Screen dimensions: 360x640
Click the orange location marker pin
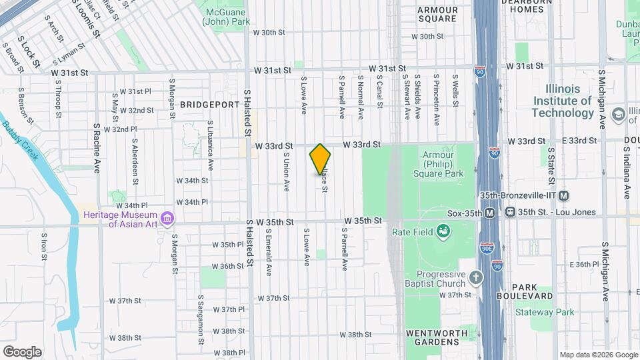point(320,159)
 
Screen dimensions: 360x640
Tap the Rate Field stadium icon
point(441,231)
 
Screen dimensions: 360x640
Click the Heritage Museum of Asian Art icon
point(167,218)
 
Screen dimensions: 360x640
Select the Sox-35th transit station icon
point(490,213)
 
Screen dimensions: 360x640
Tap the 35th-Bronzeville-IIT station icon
point(564,195)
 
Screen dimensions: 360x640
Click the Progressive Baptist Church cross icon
point(475,277)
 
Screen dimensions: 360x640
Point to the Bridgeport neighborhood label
point(209,105)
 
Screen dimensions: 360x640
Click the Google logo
point(22,352)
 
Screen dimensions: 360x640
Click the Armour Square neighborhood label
point(437,14)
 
